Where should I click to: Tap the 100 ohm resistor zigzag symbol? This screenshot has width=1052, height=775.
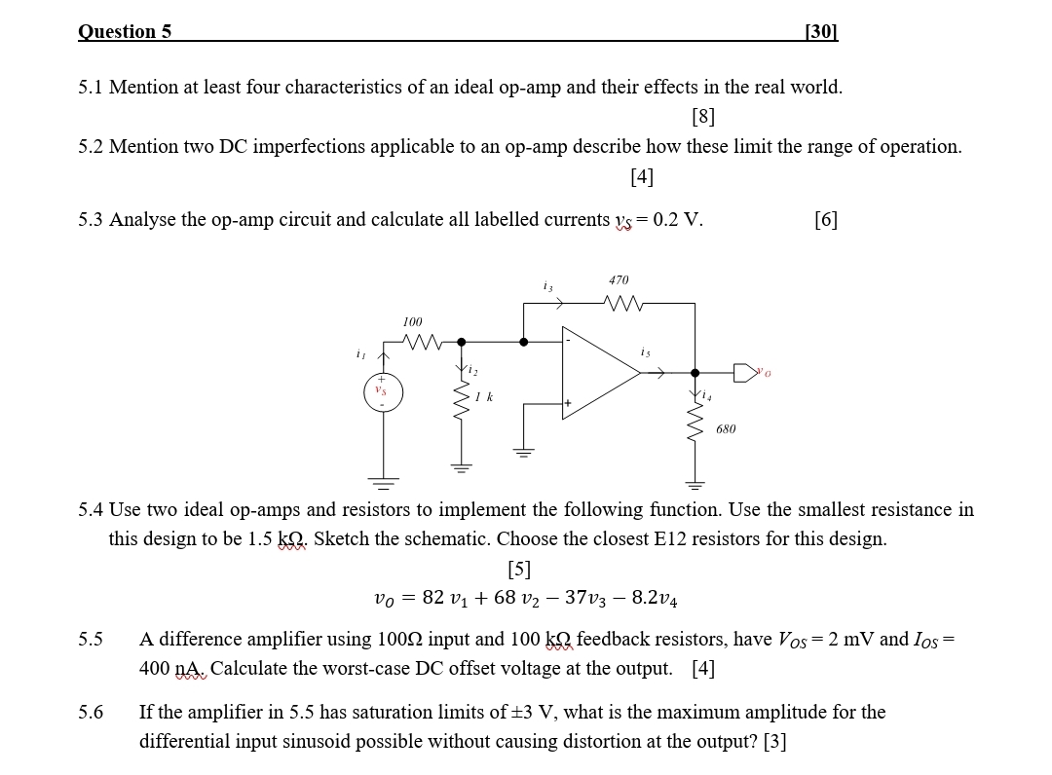[420, 342]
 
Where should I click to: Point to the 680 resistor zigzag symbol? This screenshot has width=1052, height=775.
[695, 427]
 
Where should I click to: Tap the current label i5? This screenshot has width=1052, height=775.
[645, 351]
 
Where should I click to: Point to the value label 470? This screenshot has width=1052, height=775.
[618, 279]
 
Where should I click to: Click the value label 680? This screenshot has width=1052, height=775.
[727, 428]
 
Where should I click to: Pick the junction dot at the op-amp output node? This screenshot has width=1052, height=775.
[695, 372]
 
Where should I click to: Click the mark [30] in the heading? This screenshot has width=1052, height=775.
[822, 31]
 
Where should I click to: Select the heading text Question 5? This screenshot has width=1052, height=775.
[125, 31]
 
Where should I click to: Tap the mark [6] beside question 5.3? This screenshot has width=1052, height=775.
[825, 219]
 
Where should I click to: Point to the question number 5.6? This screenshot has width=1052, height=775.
[91, 712]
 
